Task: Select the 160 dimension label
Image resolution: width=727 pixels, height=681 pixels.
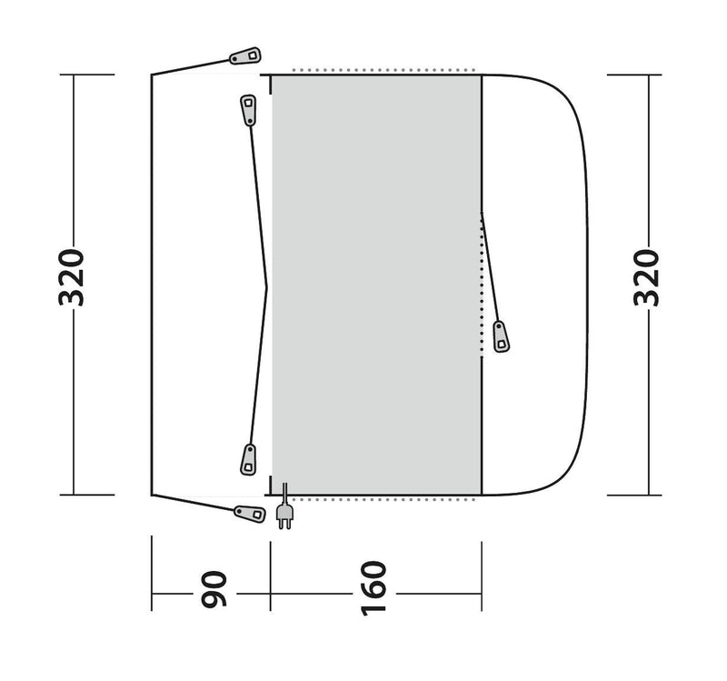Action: point(375,591)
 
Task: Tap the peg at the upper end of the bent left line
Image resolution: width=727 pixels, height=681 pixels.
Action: point(248,110)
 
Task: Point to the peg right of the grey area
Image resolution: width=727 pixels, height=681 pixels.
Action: point(501,335)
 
